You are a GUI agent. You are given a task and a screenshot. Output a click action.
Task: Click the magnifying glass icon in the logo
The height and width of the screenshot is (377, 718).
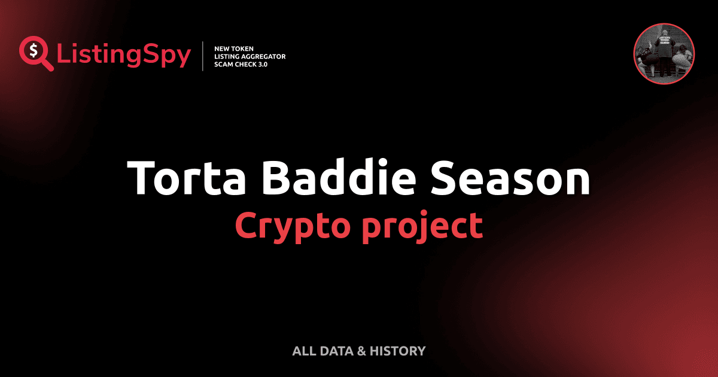[x=35, y=53]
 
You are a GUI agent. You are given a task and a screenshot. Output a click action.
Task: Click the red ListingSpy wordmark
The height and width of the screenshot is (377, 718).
[x=124, y=56]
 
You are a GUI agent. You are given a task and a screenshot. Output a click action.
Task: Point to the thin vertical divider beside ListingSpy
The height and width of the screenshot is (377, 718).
[x=203, y=56]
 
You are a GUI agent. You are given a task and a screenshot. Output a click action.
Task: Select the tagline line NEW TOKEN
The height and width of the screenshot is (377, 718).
[x=238, y=48]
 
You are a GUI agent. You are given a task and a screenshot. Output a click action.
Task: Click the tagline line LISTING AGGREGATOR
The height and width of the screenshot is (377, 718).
[x=250, y=56]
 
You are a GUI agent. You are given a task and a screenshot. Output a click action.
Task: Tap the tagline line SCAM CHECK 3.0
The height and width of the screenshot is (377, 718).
[x=241, y=64]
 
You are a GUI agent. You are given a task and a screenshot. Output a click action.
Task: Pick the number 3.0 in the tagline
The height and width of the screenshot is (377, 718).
[x=262, y=64]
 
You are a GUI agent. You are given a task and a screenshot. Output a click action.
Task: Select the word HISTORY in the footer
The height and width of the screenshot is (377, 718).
[x=397, y=351]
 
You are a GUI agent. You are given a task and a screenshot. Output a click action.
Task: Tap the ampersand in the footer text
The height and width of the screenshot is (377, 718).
[x=361, y=351]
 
